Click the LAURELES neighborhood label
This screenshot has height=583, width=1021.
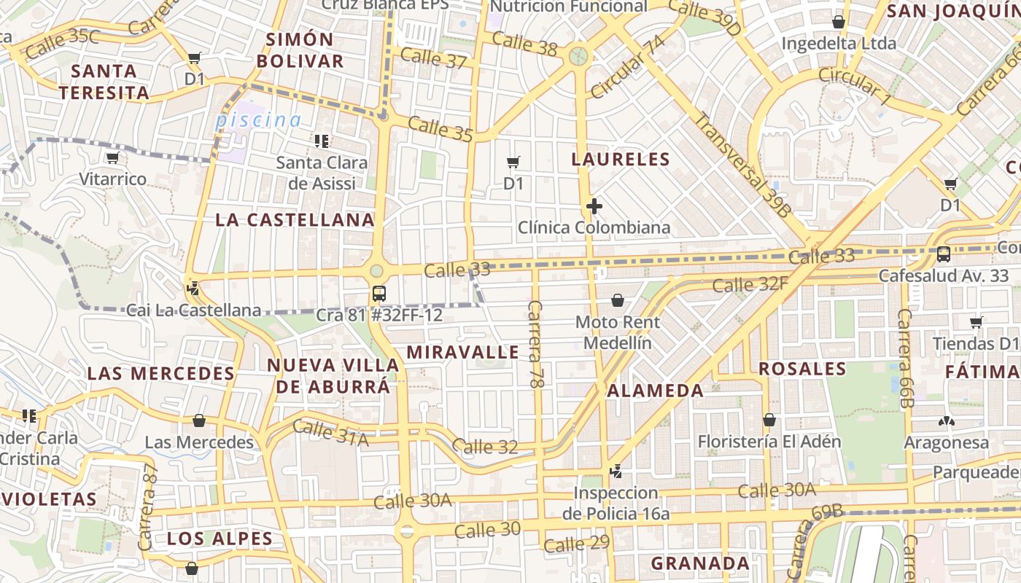[621, 159]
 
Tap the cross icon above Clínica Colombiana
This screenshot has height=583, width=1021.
[594, 207]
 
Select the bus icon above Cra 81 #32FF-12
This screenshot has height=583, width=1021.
[379, 294]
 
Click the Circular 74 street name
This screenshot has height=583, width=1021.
[628, 66]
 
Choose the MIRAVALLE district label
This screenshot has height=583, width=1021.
[463, 352]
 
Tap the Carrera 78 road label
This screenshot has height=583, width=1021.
[537, 343]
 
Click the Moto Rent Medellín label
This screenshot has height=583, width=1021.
[618, 332]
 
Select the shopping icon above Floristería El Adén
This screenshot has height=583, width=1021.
[769, 420]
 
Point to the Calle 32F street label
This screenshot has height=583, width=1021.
[750, 283]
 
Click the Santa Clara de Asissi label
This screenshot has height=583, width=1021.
[322, 173]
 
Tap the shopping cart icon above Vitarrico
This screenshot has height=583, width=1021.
[112, 158]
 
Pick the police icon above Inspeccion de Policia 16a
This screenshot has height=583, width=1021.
[616, 472]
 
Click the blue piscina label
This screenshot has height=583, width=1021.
[258, 120]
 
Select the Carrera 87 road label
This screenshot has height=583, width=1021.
[147, 507]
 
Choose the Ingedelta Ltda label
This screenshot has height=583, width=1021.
[839, 43]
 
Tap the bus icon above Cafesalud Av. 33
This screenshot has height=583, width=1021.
[943, 254]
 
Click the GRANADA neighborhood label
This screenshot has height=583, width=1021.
[700, 563]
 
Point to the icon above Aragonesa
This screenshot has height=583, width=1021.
[947, 421]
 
